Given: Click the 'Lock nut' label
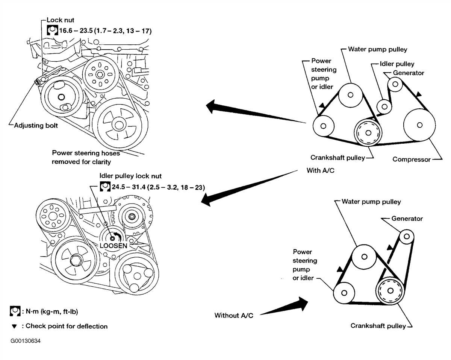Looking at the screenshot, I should click(x=60, y=20).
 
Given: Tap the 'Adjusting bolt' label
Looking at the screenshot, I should click(x=36, y=126).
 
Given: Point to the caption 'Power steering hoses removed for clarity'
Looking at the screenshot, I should click(x=86, y=157).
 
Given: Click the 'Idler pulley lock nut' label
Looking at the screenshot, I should click(x=130, y=176).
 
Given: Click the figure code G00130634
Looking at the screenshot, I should click(x=26, y=341).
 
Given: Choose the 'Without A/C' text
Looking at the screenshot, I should click(x=234, y=315).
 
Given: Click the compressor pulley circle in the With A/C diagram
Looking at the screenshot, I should click(x=419, y=125).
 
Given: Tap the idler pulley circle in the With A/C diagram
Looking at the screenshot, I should click(x=384, y=106).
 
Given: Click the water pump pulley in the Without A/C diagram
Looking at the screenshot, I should click(x=364, y=257).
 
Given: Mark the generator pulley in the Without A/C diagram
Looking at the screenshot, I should click(x=406, y=237).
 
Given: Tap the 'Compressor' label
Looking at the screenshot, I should click(x=411, y=159).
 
